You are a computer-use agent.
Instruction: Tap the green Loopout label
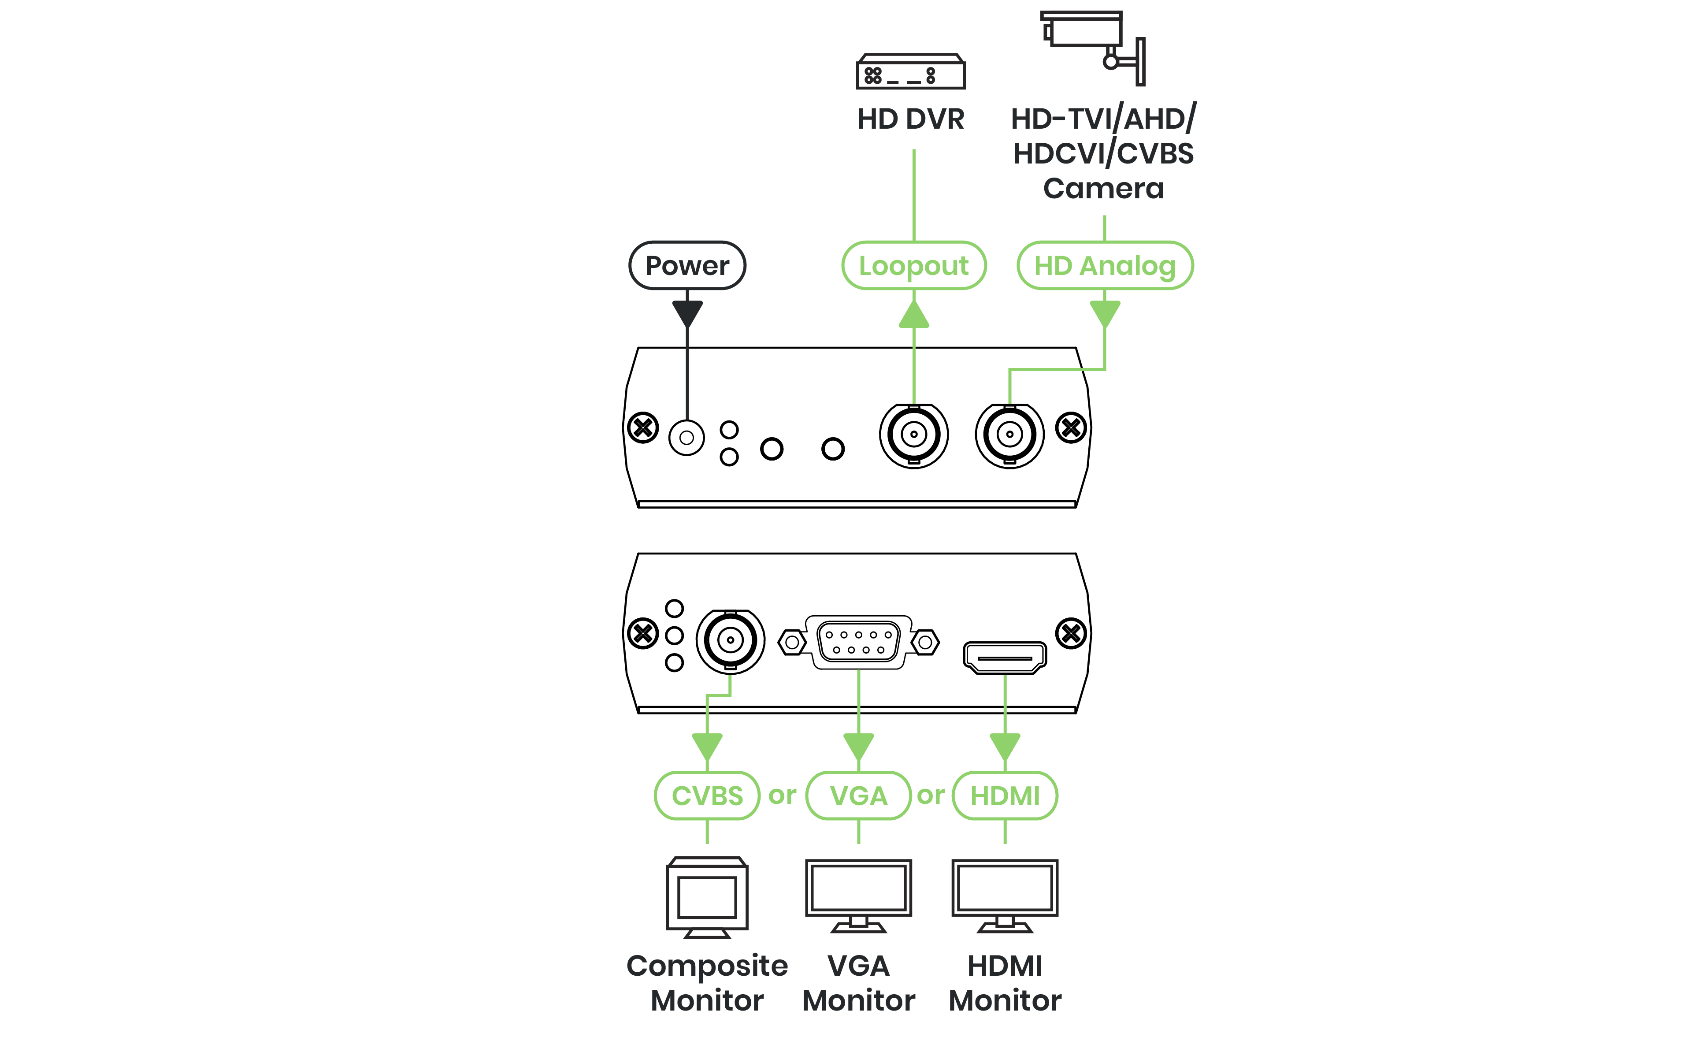(x=914, y=266)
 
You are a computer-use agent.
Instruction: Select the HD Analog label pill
(x=1105, y=266)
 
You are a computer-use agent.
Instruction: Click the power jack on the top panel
(x=686, y=438)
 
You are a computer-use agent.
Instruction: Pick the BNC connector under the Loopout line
(x=914, y=435)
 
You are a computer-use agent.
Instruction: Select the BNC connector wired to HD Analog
(x=1009, y=435)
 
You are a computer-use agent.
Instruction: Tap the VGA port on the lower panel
(x=858, y=642)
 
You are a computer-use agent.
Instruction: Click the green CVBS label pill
(x=707, y=796)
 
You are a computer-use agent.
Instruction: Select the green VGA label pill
(x=858, y=796)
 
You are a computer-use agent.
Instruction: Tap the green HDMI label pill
(x=1005, y=796)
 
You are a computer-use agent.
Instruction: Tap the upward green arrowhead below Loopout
(x=914, y=315)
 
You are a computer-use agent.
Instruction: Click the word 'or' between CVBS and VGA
(x=782, y=796)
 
